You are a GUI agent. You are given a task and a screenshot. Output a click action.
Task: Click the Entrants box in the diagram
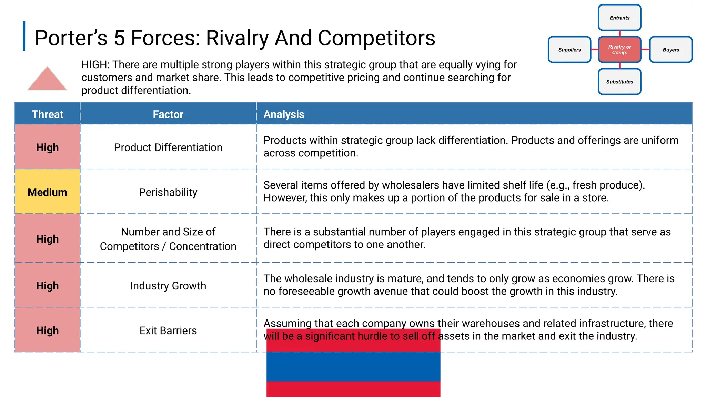coord(619,18)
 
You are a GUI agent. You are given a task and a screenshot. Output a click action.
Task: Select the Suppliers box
coord(569,50)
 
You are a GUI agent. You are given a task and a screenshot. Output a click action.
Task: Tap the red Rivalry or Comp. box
coord(619,50)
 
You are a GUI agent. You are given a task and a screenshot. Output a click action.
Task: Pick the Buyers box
coord(670,50)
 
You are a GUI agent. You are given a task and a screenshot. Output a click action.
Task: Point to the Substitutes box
coord(619,82)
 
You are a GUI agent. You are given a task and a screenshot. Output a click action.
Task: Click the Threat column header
coord(48,114)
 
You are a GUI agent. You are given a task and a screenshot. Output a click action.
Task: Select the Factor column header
coord(168,114)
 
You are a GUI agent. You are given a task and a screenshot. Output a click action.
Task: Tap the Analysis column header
coord(284,114)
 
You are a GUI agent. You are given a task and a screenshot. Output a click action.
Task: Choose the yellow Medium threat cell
coord(48,192)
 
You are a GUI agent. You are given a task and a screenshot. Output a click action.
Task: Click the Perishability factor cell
coord(168,192)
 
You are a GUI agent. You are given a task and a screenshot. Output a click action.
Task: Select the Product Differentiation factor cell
coord(168,147)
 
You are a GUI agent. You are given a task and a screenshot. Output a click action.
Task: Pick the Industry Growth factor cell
coord(168,286)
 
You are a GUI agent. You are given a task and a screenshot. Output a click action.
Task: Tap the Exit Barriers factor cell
coord(168,330)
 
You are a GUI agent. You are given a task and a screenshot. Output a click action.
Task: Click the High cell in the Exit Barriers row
coord(48,330)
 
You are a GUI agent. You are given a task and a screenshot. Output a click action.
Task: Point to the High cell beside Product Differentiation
coord(48,147)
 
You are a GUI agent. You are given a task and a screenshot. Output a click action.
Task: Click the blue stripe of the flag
coord(353,367)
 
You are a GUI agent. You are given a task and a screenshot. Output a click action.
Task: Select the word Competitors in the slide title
coord(376,38)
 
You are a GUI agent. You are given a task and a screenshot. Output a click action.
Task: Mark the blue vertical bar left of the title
coord(24,36)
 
